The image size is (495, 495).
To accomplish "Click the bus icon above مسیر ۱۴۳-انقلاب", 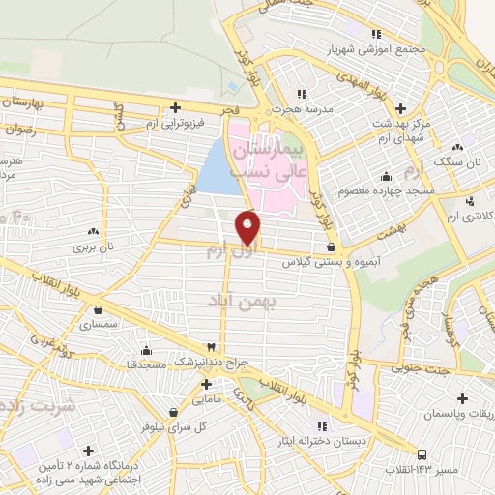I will click(422, 453).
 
